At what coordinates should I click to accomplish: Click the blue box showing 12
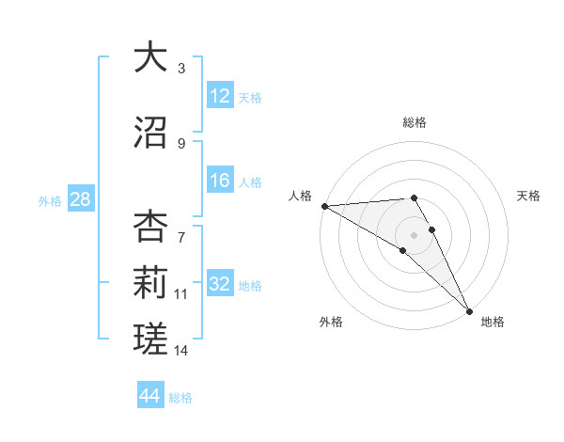tap(220, 95)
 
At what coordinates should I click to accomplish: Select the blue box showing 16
tap(220, 181)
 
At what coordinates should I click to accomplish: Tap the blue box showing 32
tap(220, 284)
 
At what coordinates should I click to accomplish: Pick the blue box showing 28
tap(80, 199)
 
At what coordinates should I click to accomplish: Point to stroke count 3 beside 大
tap(181, 69)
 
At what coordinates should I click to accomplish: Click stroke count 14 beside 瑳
tap(181, 351)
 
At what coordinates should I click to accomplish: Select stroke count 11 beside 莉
tap(181, 294)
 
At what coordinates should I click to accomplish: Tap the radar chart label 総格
tap(415, 122)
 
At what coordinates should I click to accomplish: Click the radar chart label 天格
tap(528, 196)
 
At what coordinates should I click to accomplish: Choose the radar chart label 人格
tap(300, 196)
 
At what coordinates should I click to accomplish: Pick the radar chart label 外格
tap(330, 322)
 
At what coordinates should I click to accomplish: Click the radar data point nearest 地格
tap(469, 310)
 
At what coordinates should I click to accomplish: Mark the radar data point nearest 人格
tap(324, 206)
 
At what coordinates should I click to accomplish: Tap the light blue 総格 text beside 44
tap(180, 398)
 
